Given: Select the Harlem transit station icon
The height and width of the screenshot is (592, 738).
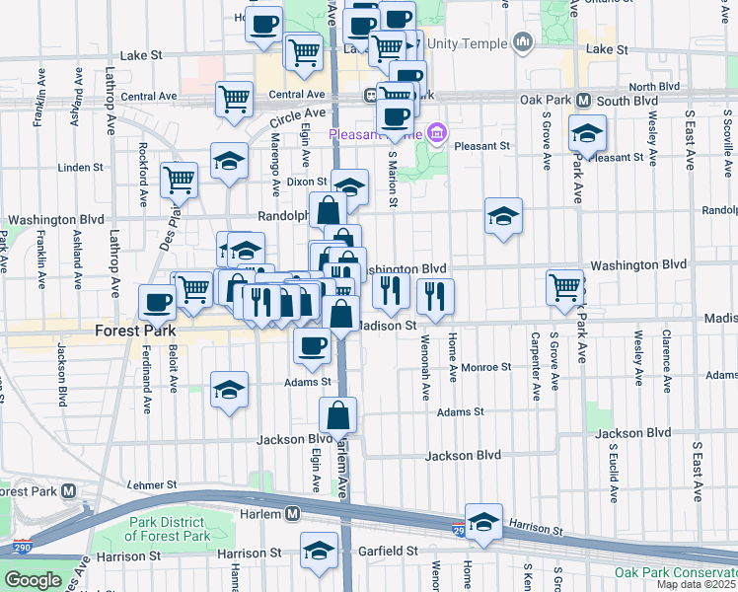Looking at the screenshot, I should pyautogui.click(x=292, y=513).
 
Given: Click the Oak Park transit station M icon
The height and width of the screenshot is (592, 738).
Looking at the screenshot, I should pyautogui.click(x=583, y=101).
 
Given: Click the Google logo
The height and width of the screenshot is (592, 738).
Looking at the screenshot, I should pyautogui.click(x=34, y=580).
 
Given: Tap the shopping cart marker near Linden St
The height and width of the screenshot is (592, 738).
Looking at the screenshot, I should pyautogui.click(x=179, y=179).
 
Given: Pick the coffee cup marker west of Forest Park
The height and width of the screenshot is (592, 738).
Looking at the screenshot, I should pyautogui.click(x=157, y=301).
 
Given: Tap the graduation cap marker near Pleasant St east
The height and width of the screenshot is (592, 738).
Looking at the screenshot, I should pyautogui.click(x=587, y=132).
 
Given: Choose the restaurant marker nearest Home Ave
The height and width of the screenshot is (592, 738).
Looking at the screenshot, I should pyautogui.click(x=435, y=293).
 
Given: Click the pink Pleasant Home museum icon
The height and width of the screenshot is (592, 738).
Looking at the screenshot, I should pyautogui.click(x=438, y=134).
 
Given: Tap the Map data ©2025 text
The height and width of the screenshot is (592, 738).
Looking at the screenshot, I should pyautogui.click(x=697, y=584).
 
